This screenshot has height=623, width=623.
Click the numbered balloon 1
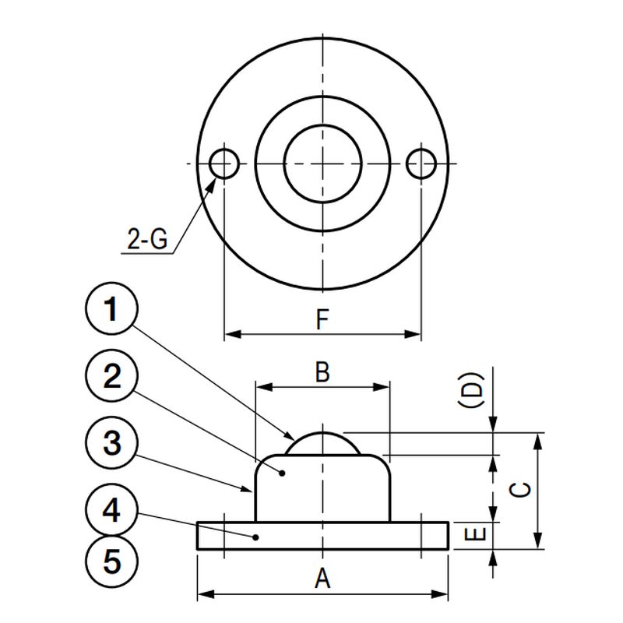point(111,308)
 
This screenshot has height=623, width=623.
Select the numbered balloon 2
point(111,376)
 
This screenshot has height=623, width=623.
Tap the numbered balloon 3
point(111,443)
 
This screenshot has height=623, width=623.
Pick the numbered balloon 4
point(111,510)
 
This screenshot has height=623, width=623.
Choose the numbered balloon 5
point(111,561)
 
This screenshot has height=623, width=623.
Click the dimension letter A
point(322,579)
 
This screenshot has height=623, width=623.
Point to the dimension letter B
point(322,372)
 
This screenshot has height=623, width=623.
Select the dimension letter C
point(520,490)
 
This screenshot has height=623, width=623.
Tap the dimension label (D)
point(471,390)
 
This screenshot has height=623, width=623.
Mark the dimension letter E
point(475,534)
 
